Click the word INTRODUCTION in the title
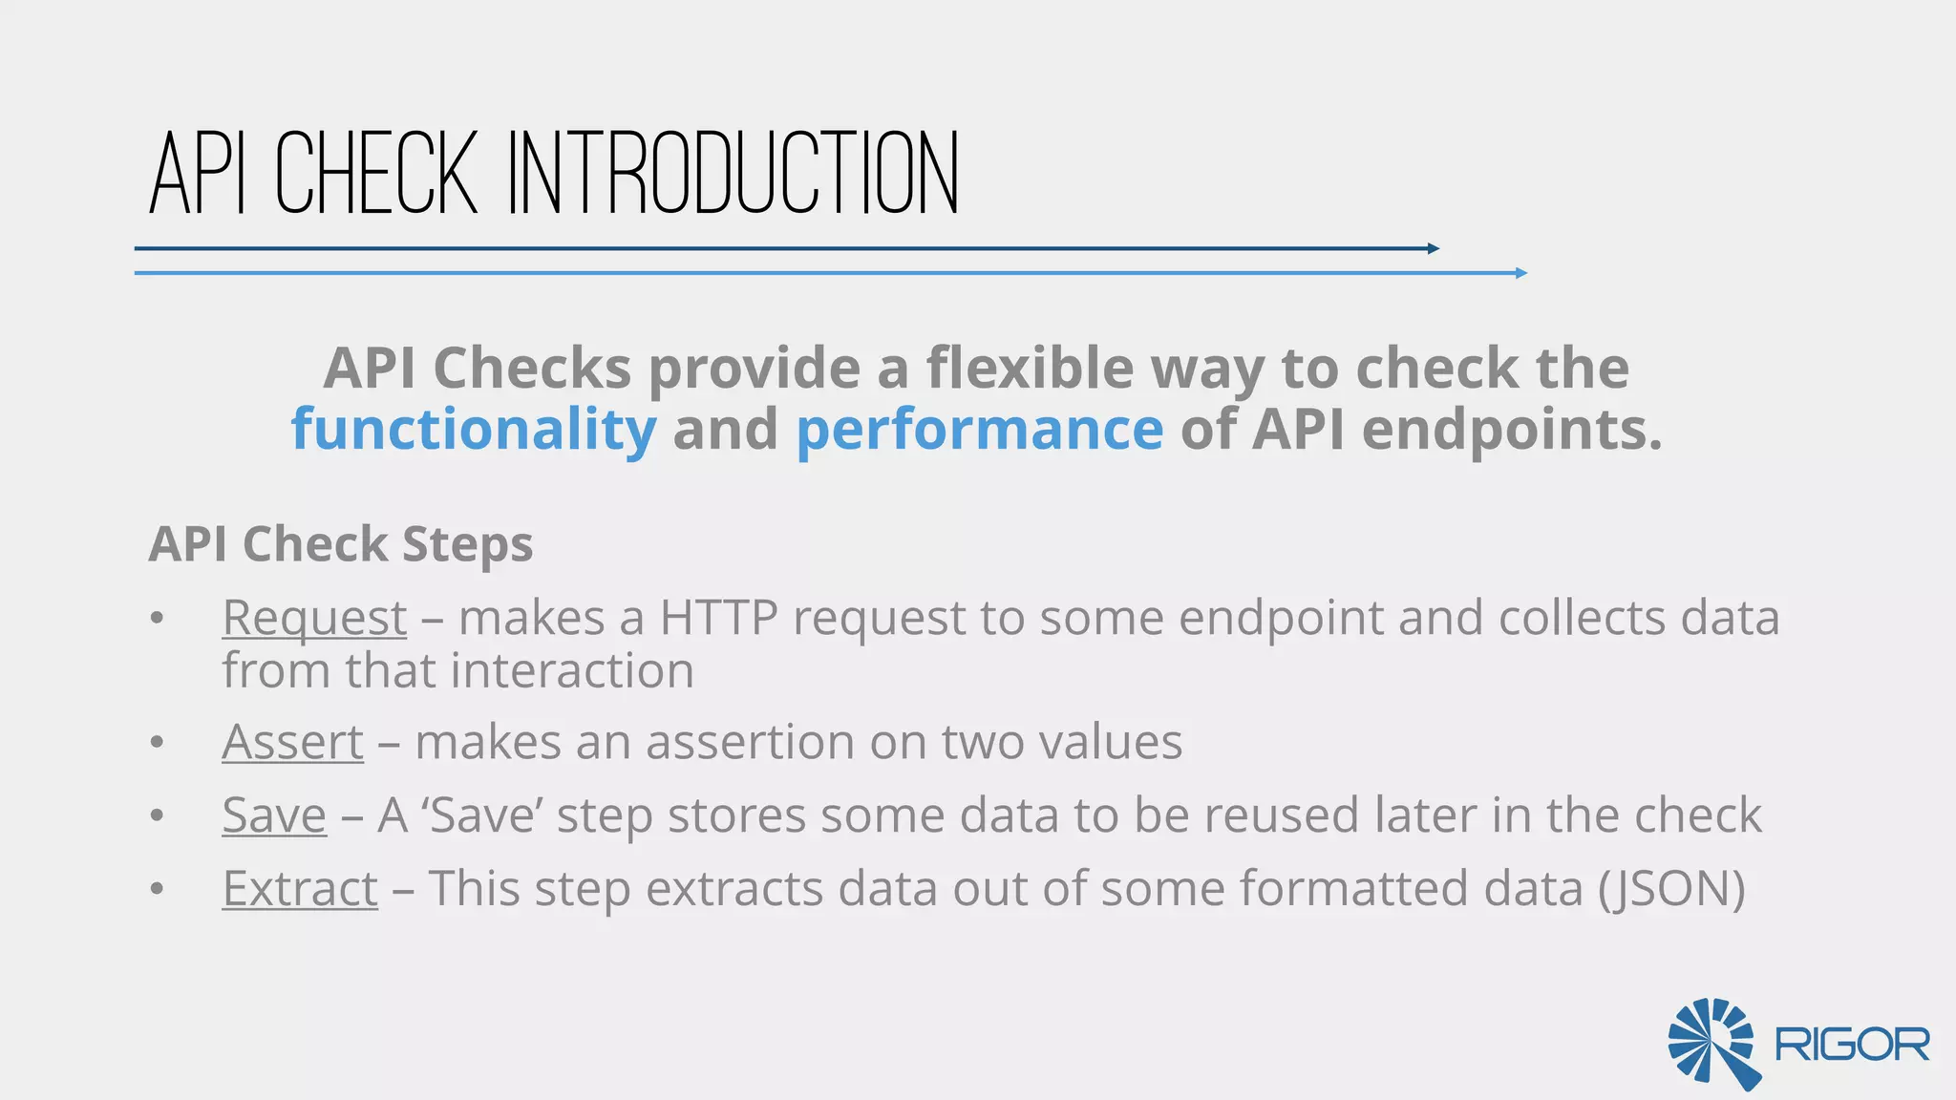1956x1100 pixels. pos(733,174)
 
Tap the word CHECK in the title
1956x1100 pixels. pos(376,174)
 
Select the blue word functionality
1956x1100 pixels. pos(474,429)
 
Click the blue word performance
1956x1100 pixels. pos(979,429)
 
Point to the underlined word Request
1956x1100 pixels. pos(314,618)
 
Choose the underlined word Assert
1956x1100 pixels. pos(292,742)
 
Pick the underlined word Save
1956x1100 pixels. pos(274,815)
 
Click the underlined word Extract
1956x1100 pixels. pos(300,889)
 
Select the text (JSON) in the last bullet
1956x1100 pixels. pos(1671,889)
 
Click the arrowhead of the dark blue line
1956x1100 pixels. pos(1434,249)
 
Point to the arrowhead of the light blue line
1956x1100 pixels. pos(1521,274)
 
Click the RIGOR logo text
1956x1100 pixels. pos(1852,1045)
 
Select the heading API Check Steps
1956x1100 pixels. pos(341,544)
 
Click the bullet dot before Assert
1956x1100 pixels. pos(158,743)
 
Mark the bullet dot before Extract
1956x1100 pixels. pos(158,890)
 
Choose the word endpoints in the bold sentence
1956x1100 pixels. pos(1512,429)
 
